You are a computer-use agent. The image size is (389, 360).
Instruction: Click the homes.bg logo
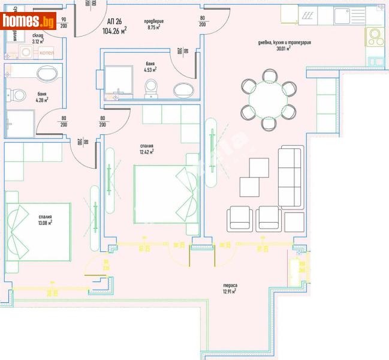29,22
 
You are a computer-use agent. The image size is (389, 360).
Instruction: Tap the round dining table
268,100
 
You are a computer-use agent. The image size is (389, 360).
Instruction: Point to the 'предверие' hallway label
154,22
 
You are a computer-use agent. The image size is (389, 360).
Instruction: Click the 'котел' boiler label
47,53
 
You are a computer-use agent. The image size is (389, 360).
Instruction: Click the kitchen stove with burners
376,37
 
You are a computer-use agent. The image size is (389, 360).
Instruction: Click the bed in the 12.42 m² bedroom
164,194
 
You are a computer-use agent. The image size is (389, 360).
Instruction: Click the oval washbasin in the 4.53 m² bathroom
183,91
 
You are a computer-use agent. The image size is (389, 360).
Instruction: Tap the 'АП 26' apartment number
114,22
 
